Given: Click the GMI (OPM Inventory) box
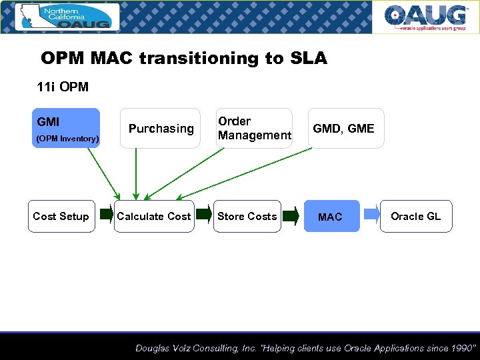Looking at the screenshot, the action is pyautogui.click(x=65, y=128).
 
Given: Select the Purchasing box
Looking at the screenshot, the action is pyautogui.click(x=161, y=128).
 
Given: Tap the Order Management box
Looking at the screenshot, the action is pyautogui.click(x=254, y=128).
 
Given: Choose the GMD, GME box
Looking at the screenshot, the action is pyautogui.click(x=345, y=128).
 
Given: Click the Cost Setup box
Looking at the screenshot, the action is pyautogui.click(x=61, y=216).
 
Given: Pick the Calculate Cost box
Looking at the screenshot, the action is pyautogui.click(x=154, y=216).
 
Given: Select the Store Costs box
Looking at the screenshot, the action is pyautogui.click(x=247, y=216).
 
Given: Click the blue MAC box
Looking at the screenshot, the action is pyautogui.click(x=331, y=216).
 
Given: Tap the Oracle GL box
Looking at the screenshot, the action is pyautogui.click(x=416, y=216).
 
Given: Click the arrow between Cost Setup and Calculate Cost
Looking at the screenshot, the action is pyautogui.click(x=106, y=214).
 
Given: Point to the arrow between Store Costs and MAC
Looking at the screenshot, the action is pyautogui.click(x=290, y=215).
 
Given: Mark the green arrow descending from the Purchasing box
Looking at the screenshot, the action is pyautogui.click(x=136, y=173).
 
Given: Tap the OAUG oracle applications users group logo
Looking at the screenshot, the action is pyautogui.click(x=425, y=17).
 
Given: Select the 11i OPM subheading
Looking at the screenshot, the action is pyautogui.click(x=63, y=87).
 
